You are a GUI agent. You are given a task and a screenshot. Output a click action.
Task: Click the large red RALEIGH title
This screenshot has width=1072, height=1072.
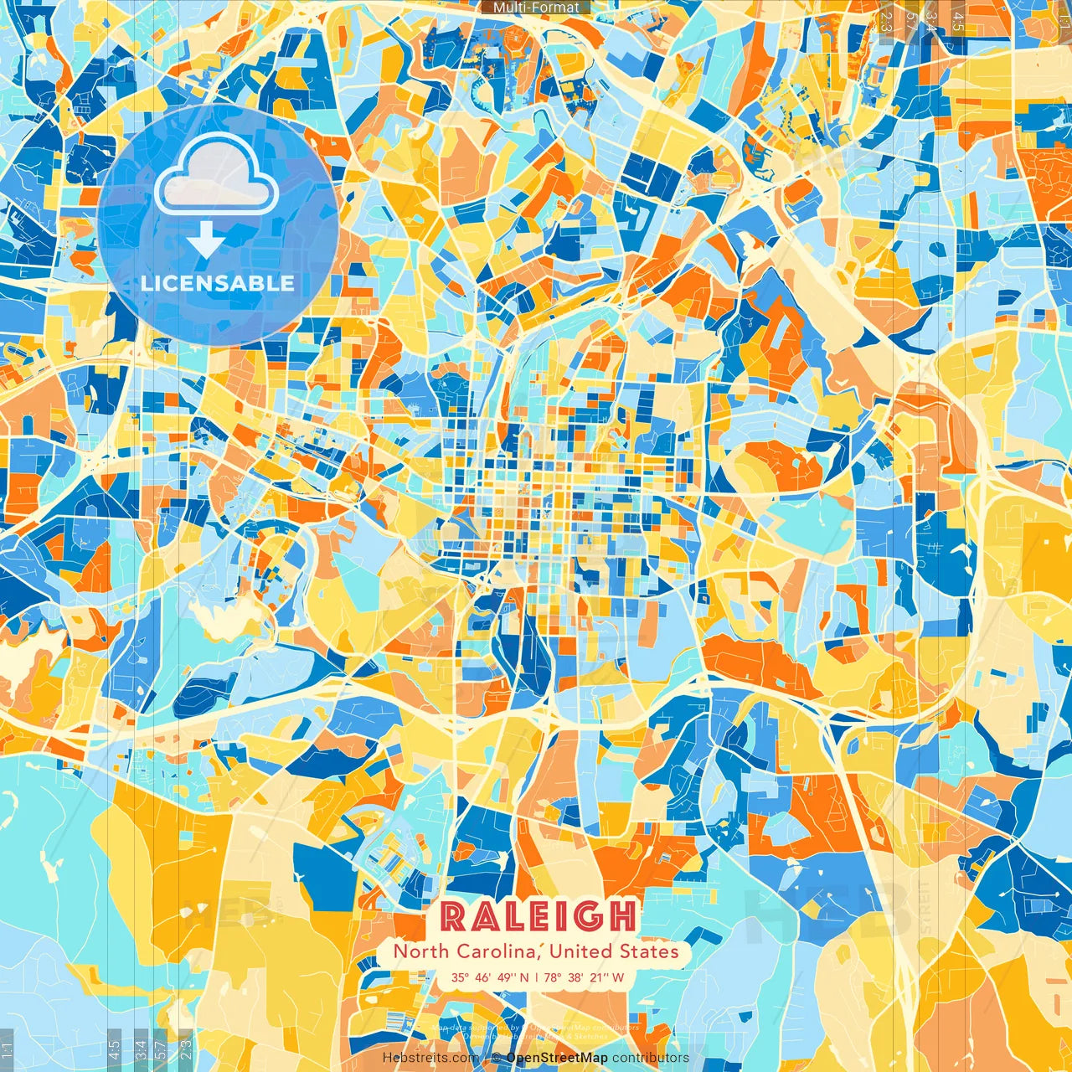click(537, 916)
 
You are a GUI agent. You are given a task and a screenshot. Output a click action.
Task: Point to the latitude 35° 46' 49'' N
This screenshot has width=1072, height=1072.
click(490, 977)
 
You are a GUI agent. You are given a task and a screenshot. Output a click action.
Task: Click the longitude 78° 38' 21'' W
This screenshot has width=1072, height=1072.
click(585, 977)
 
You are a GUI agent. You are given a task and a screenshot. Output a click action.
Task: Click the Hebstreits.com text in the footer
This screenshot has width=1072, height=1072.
click(430, 1058)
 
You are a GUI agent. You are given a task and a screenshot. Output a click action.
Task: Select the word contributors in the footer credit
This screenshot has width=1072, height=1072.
click(651, 1058)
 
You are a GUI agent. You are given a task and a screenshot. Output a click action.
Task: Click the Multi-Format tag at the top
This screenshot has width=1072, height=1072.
click(536, 8)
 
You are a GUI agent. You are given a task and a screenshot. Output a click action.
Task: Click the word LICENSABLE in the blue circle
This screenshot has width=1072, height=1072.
click(218, 283)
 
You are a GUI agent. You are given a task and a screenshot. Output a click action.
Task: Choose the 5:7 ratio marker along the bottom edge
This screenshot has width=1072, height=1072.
click(160, 1049)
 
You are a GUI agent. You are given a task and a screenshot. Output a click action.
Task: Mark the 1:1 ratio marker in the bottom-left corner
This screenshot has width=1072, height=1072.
click(8, 1049)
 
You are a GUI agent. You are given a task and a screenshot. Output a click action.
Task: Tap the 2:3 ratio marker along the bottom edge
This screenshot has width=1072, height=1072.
click(186, 1049)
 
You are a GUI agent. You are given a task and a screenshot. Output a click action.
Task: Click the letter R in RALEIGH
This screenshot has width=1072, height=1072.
click(453, 916)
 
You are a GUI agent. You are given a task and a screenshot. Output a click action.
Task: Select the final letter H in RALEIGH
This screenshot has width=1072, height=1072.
click(621, 916)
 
